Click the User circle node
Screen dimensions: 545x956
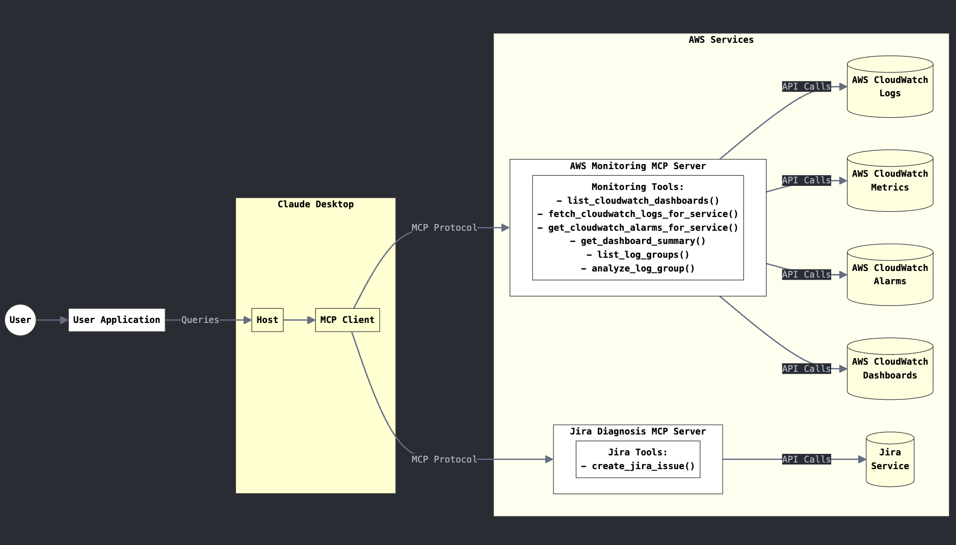tap(20, 320)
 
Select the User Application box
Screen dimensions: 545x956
tap(117, 320)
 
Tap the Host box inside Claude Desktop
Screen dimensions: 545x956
tap(267, 320)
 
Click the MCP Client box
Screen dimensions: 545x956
tap(347, 320)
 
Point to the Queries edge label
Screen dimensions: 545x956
tap(200, 320)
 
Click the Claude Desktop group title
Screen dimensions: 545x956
tap(315, 204)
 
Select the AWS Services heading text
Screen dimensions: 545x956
tap(721, 40)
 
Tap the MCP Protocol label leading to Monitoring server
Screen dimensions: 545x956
tap(444, 228)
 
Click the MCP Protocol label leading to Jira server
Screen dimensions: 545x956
tap(444, 459)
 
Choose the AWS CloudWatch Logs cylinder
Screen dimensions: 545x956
tap(890, 87)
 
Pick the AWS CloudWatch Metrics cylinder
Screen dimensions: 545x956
tap(890, 181)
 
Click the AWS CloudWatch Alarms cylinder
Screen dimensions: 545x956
tap(890, 275)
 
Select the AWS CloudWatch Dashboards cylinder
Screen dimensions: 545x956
tap(890, 369)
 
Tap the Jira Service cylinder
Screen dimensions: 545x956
tap(890, 459)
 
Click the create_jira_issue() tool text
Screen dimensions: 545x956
tap(638, 466)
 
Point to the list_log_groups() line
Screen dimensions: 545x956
tap(638, 255)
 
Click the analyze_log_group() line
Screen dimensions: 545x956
tap(638, 268)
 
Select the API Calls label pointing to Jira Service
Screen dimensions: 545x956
tap(806, 459)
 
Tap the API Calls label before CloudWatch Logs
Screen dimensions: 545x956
tap(806, 87)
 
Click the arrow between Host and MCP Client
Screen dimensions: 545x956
tap(299, 320)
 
